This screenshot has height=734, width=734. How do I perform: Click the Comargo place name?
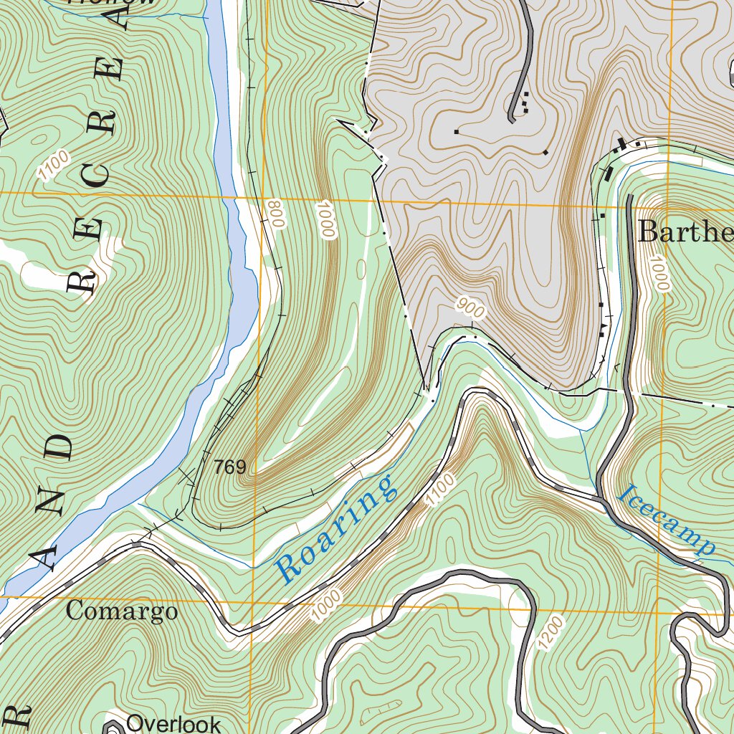coord(121,611)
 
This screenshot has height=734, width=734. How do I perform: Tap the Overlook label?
coord(173,723)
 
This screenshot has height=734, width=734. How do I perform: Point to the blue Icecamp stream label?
coord(667,521)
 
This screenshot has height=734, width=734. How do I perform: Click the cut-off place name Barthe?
coord(685,232)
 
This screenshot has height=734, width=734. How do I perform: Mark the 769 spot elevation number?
coord(229,468)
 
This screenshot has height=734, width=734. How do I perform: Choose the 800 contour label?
coord(275,214)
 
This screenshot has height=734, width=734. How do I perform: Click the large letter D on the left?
coord(59,447)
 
